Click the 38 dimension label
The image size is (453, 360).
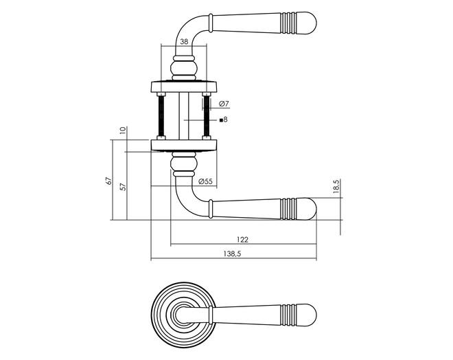pos(184,42)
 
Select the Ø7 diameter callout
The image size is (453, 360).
pos(224,104)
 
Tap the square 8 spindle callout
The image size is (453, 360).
pos(224,120)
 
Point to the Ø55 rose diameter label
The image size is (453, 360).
pos(205,181)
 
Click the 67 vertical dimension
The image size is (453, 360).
pos(108,181)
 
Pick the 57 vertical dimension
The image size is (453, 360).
pos(124,186)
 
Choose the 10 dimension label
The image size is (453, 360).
pos(123,130)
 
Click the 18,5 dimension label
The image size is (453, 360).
pos(336,186)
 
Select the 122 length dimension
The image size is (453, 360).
pos(243,239)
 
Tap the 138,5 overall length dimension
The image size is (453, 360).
pos(232,254)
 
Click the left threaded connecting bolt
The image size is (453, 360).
pos(161,115)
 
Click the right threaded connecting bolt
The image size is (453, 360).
pos(207,115)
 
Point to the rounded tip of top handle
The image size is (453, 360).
pos(307,23)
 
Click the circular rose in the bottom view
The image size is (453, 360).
pos(184,315)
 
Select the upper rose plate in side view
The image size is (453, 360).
pos(184,86)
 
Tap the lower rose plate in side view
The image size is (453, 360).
pos(184,146)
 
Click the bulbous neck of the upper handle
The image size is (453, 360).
pos(184,68)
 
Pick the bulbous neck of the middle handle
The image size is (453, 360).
pos(184,164)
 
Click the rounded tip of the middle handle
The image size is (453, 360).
pos(307,209)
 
